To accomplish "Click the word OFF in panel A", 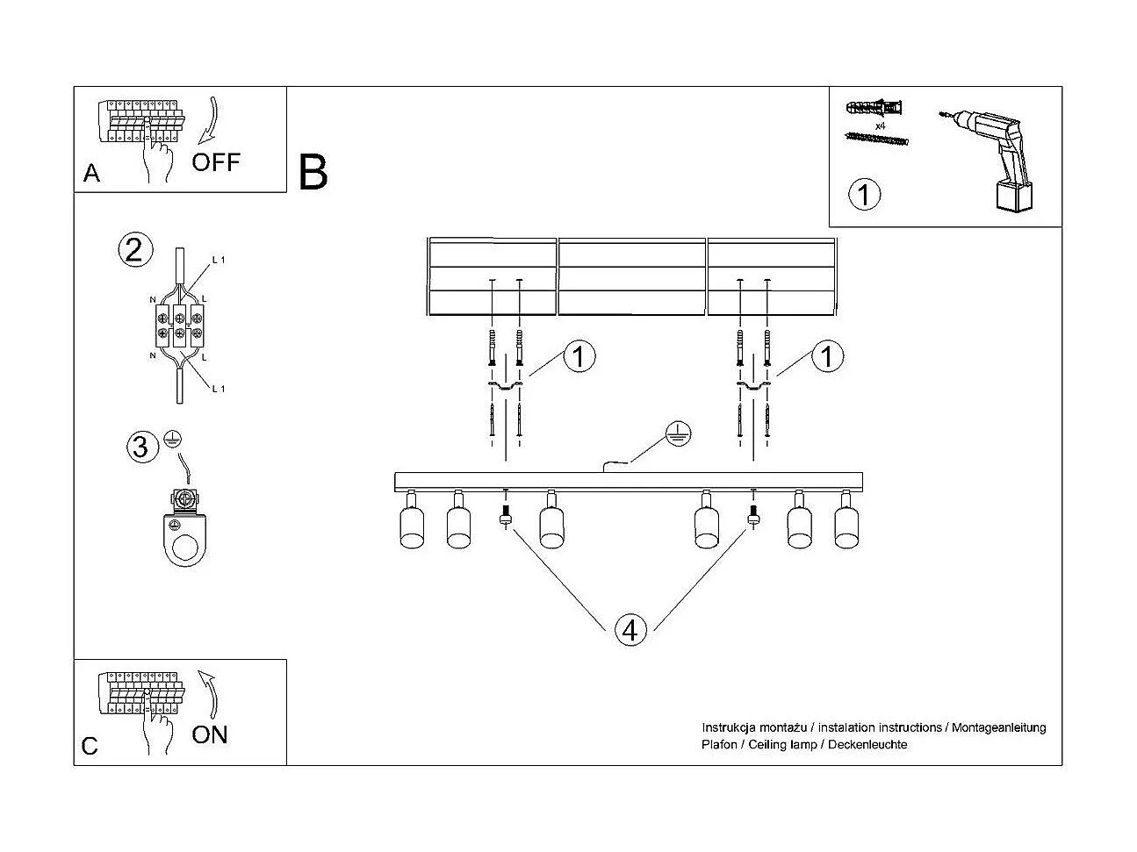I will point(215,162).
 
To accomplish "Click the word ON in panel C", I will point(209,734).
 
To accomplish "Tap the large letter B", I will point(313,173).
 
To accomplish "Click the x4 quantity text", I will point(881,126).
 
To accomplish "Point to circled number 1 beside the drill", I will point(865,193).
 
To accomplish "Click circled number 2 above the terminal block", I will point(133,251).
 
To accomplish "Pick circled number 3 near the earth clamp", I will point(140,447).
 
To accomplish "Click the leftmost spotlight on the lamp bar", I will point(411,524).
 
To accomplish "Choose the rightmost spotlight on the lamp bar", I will point(846,524).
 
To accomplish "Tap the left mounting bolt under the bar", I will point(505,514).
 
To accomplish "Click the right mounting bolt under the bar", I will point(752,514).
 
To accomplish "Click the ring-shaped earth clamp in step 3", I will point(184,540).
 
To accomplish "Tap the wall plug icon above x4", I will point(874,109).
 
